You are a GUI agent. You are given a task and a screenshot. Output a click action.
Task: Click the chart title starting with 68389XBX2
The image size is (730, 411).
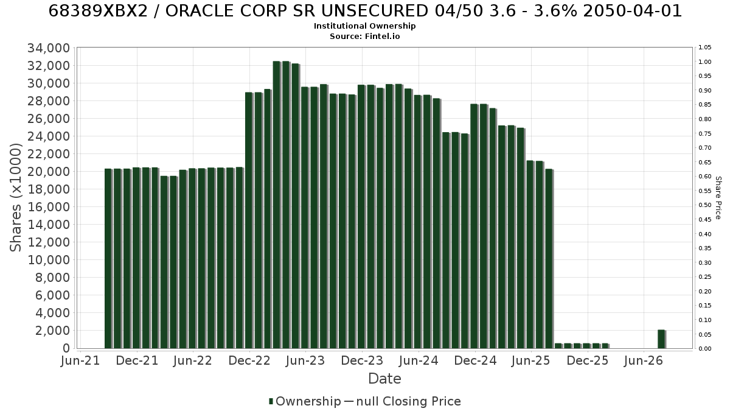pos(365,11)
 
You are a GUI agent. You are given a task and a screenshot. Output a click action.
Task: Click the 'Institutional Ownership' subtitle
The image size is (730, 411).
pos(364,26)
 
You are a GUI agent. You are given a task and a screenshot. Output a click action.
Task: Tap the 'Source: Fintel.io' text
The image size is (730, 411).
pos(364,36)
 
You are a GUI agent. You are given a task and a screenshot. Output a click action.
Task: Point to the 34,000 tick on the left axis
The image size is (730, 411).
pos(49,48)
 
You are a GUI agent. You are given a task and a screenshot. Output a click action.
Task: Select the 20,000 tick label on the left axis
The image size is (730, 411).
pos(49,172)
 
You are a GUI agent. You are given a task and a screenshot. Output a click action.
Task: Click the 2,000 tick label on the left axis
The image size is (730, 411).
pos(53,331)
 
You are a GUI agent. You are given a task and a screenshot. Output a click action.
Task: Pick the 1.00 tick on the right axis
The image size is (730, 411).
pos(704,62)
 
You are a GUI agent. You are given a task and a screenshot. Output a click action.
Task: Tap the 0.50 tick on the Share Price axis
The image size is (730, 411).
pos(704,205)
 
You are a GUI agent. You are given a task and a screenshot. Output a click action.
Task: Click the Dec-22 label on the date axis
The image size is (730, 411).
pos(249,360)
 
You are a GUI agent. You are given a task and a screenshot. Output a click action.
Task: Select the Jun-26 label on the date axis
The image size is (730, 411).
pos(644,360)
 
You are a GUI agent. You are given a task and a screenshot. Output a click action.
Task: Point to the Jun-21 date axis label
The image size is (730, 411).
pos(80,360)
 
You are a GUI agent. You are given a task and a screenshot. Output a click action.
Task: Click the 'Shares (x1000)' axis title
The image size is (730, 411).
pos(16,198)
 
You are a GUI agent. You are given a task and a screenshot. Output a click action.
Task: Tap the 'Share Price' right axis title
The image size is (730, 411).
pos(718,198)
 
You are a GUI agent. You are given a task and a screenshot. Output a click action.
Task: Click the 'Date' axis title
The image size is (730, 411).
pos(384,379)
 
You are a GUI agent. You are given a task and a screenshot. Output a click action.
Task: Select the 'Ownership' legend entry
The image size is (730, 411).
pos(305,401)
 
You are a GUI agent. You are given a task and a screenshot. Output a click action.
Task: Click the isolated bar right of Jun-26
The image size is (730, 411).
pos(662,339)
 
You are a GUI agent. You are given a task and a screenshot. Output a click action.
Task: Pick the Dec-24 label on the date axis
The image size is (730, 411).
pos(475,360)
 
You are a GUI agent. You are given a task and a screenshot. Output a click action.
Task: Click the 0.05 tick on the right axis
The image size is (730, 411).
pos(704,334)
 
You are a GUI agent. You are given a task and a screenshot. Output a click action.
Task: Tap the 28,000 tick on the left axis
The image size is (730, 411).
pos(49,101)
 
